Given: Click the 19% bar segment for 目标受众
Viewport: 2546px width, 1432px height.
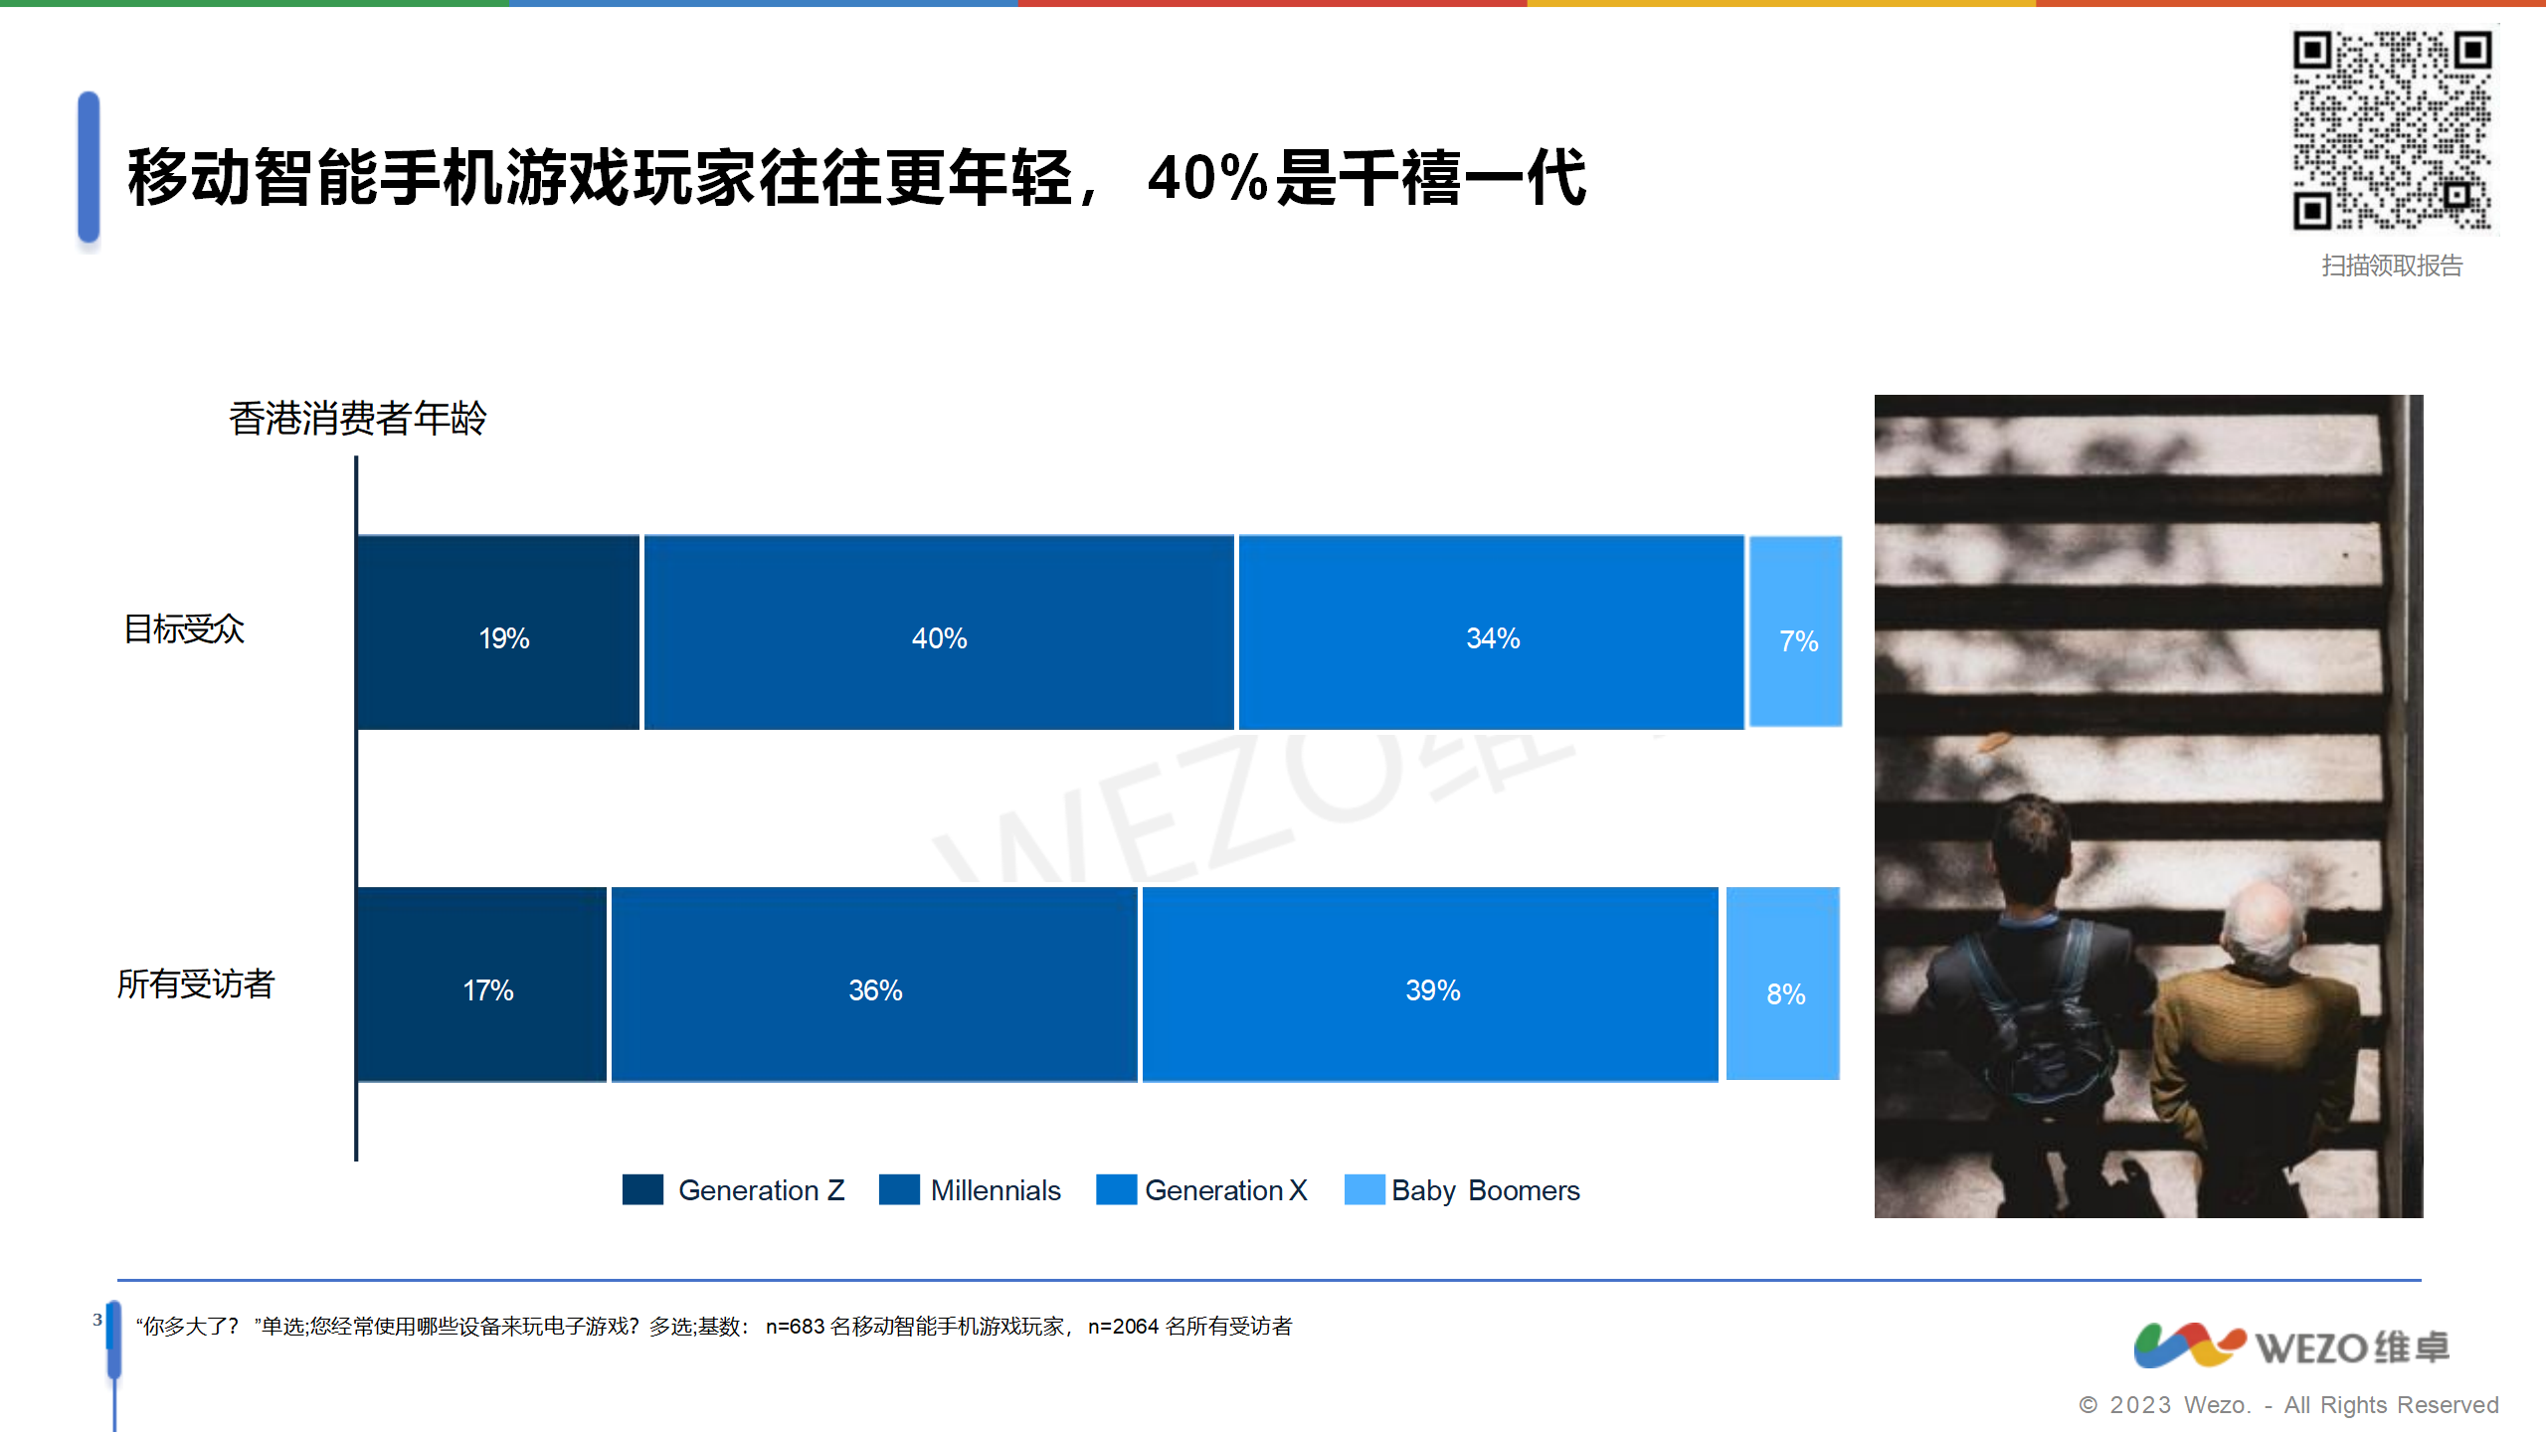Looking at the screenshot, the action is pyautogui.click(x=498, y=632).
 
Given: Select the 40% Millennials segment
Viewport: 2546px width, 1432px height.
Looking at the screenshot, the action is pyautogui.click(x=939, y=632).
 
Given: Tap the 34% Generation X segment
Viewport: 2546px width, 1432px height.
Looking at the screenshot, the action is pyautogui.click(x=1492, y=632).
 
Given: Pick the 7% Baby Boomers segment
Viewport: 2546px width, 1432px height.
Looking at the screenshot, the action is pyautogui.click(x=1796, y=631).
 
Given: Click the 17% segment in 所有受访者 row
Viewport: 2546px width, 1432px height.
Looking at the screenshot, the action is pyautogui.click(x=482, y=984).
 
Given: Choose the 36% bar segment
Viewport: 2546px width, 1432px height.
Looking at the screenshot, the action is pyautogui.click(x=874, y=984).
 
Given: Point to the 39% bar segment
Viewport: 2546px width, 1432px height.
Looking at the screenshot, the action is pyautogui.click(x=1430, y=984).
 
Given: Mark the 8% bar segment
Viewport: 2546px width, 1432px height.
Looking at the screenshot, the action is pyautogui.click(x=1783, y=984).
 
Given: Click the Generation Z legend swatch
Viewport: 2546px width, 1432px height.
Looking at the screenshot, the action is pyautogui.click(x=642, y=1189).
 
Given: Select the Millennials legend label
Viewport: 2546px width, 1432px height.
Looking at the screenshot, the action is pyautogui.click(x=996, y=1190).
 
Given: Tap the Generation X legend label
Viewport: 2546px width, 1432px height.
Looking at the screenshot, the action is pyautogui.click(x=1226, y=1190).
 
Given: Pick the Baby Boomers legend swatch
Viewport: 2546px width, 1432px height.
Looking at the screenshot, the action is pyautogui.click(x=1364, y=1189).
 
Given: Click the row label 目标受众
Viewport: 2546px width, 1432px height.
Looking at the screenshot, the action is pyautogui.click(x=184, y=629).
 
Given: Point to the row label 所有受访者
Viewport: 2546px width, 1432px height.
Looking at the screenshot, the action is pyautogui.click(x=196, y=984).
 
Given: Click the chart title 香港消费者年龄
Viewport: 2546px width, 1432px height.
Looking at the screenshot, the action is pyautogui.click(x=358, y=418).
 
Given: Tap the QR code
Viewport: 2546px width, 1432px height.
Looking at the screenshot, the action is pyautogui.click(x=2393, y=130).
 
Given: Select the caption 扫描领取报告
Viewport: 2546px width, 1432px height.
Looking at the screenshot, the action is pyautogui.click(x=2392, y=266).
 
